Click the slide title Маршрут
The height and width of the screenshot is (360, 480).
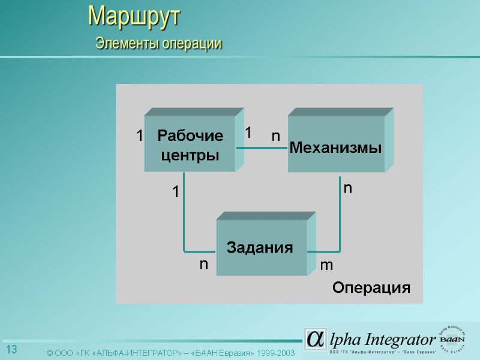pos(134,16)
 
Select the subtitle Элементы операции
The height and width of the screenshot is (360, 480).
pos(159,44)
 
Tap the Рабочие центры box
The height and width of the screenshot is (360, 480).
pos(190,144)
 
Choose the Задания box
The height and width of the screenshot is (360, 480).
pos(260,247)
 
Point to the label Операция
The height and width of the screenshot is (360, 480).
pos(371,288)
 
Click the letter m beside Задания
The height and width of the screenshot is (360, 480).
pos(326,265)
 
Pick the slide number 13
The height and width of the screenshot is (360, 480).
pos(11,350)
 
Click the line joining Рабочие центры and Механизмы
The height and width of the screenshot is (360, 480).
pos(266,148)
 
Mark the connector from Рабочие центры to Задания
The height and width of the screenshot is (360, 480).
pos(184,216)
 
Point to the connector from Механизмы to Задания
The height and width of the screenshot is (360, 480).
pos(340,222)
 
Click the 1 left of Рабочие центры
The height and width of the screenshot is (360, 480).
pos(139,136)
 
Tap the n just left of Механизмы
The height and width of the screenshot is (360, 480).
pos(275,136)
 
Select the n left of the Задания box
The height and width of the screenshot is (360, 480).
pos(204,263)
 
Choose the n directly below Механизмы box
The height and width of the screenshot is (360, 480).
pos(347,188)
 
